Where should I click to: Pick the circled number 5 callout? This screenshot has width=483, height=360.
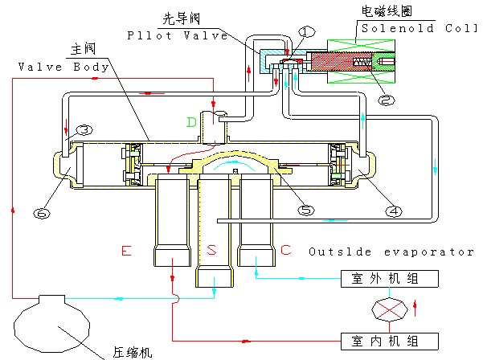305,211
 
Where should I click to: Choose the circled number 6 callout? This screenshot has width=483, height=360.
41,213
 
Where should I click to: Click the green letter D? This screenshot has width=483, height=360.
191,122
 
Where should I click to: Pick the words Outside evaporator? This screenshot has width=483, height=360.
392,252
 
